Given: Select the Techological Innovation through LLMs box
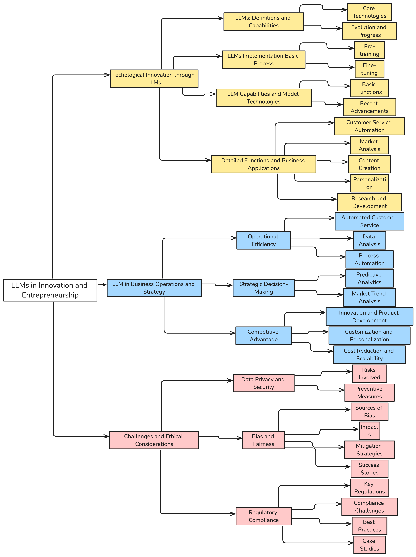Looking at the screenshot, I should point(154,79).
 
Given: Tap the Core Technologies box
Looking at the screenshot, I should point(369,12).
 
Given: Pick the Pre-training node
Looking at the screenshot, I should point(369,50).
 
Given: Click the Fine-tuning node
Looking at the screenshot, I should point(369,69).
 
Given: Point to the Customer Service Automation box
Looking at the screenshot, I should point(369,126).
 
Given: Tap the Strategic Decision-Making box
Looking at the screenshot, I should point(263,288).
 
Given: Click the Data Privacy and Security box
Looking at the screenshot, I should point(263,383).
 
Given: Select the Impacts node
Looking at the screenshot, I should point(369,431).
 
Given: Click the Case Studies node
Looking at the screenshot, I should point(369,545).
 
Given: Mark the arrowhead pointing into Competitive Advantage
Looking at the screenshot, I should point(233,333).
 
